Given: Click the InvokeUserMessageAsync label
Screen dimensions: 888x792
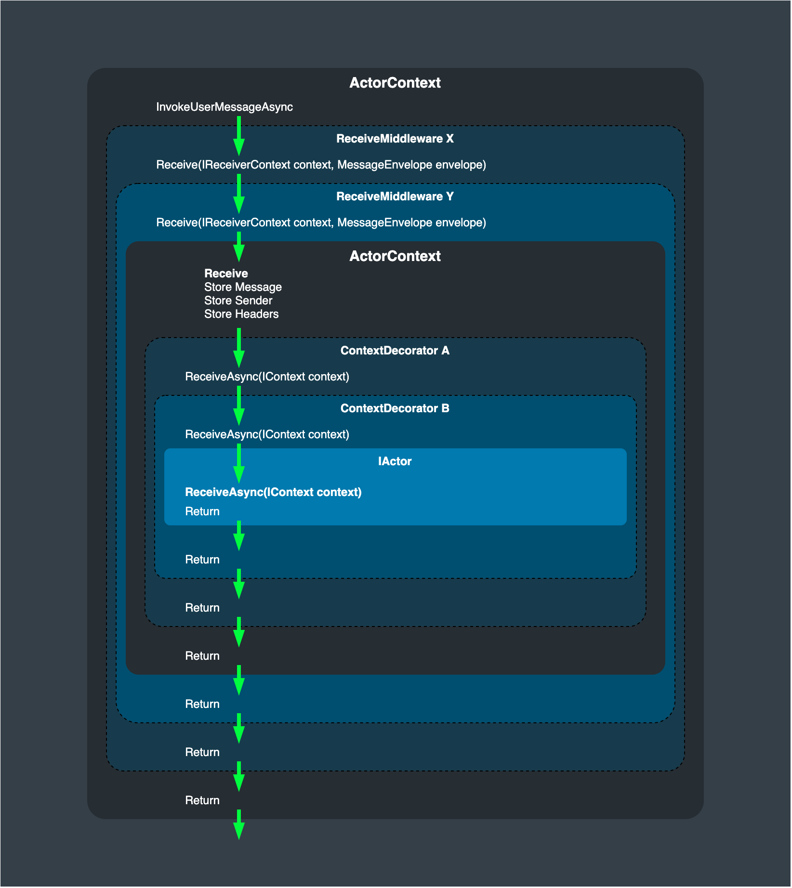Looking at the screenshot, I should click(x=224, y=107).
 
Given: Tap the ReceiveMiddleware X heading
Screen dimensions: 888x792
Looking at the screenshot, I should click(x=395, y=139).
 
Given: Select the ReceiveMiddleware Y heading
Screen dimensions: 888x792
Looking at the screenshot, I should click(x=395, y=196).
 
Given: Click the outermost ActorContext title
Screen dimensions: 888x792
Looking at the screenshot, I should click(x=395, y=83).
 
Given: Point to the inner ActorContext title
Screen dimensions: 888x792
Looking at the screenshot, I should click(x=395, y=256).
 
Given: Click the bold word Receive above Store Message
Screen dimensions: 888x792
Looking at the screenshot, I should click(x=226, y=274).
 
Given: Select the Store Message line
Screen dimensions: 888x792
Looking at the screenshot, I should click(x=243, y=287).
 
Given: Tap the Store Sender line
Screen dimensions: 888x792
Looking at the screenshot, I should click(x=238, y=300).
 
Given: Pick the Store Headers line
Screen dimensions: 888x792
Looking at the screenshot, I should click(x=241, y=314).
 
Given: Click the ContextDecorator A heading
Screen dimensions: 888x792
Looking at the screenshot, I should click(x=395, y=351).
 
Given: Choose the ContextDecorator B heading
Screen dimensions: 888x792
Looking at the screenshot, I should click(x=395, y=408).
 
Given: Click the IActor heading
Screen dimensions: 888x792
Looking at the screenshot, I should click(x=395, y=461).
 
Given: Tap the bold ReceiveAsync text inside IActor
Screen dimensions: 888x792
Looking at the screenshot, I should click(x=273, y=492).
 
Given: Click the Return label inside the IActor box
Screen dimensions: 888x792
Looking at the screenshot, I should click(x=202, y=511).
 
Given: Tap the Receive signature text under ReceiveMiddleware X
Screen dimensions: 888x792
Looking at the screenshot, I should click(x=321, y=165).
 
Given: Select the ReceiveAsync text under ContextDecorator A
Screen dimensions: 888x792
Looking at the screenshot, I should click(x=267, y=377).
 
